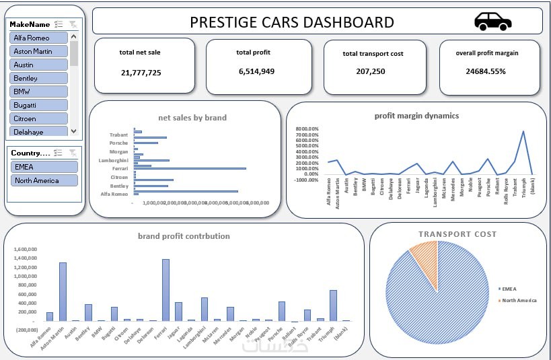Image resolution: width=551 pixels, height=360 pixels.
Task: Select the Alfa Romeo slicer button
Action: point(39,38)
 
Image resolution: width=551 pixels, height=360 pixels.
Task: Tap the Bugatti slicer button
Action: point(39,105)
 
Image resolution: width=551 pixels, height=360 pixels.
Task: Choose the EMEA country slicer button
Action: point(44,167)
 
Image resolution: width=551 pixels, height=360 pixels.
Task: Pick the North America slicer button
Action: point(44,180)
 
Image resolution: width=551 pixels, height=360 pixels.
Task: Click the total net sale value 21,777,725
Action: point(141,72)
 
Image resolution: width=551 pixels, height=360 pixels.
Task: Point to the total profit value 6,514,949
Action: point(256,71)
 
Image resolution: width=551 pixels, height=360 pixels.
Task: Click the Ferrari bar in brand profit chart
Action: point(166,289)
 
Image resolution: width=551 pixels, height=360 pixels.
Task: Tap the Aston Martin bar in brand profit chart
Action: point(63,291)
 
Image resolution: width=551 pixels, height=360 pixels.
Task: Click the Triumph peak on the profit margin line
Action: point(523,132)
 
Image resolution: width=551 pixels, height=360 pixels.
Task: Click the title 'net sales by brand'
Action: point(192,118)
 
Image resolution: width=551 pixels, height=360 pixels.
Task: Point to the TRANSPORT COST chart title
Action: point(457,234)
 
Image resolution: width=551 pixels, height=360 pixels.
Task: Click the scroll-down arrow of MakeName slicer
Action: point(74,131)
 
